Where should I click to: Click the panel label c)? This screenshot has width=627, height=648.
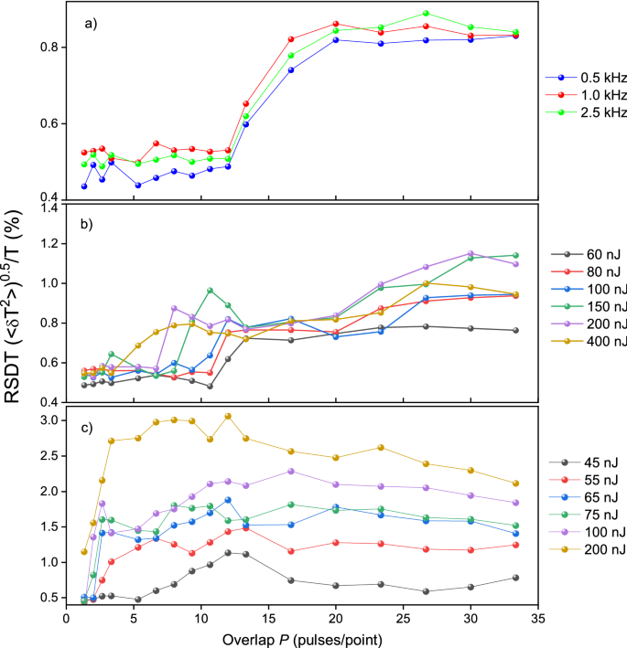pyautogui.click(x=88, y=420)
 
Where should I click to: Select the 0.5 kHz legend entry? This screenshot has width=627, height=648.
pyautogui.click(x=582, y=79)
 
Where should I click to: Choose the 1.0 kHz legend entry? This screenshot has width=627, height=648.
pyautogui.click(x=582, y=97)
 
